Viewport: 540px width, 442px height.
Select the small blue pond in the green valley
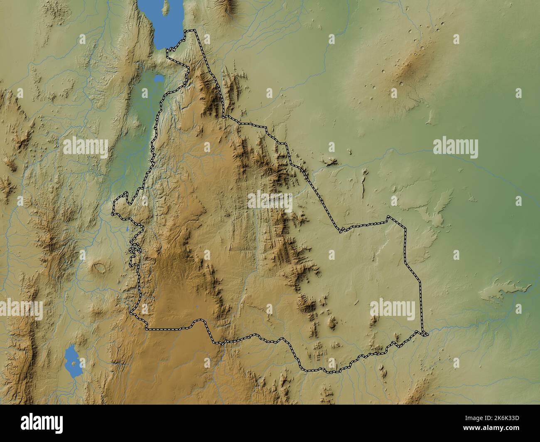[158, 78]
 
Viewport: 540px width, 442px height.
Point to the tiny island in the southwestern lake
[74, 364]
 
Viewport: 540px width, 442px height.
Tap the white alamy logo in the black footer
[42, 423]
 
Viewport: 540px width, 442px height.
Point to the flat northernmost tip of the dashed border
[191, 31]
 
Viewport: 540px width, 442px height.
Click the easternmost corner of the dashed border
[427, 334]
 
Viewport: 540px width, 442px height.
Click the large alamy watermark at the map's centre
[270, 200]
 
